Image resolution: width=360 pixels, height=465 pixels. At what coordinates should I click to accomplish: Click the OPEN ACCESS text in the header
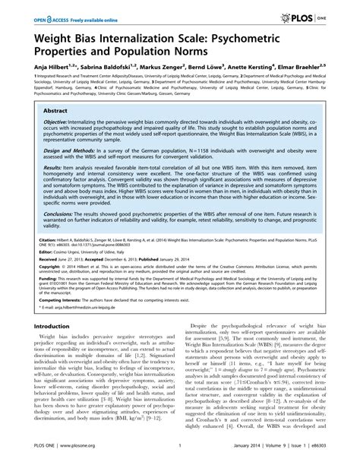(46, 14)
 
